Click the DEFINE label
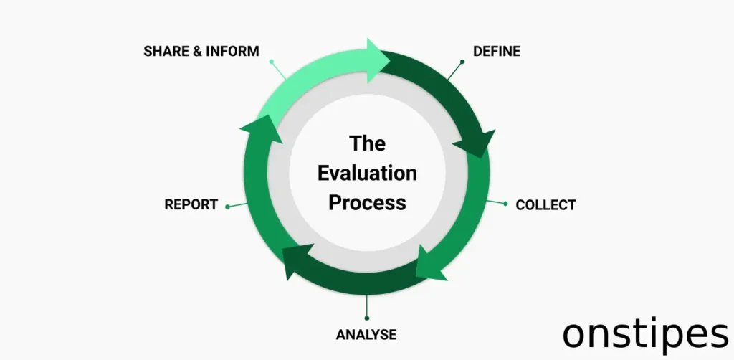pyautogui.click(x=497, y=51)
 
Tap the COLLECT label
pyautogui.click(x=545, y=205)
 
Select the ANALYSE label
pyautogui.click(x=366, y=334)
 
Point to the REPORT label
pyautogui.click(x=191, y=204)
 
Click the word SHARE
pyautogui.click(x=166, y=52)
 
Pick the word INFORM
pyautogui.click(x=232, y=52)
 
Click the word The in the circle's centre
pyautogui.click(x=367, y=143)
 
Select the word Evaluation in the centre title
pyautogui.click(x=367, y=173)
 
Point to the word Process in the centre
pyautogui.click(x=367, y=202)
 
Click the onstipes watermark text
pyautogui.click(x=645, y=334)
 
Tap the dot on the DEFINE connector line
pyautogui.click(x=462, y=62)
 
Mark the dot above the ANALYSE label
pyautogui.click(x=366, y=318)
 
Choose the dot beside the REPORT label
pyautogui.click(x=227, y=207)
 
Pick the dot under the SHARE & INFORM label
pyautogui.click(x=271, y=62)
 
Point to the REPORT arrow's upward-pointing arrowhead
pyautogui.click(x=259, y=130)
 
